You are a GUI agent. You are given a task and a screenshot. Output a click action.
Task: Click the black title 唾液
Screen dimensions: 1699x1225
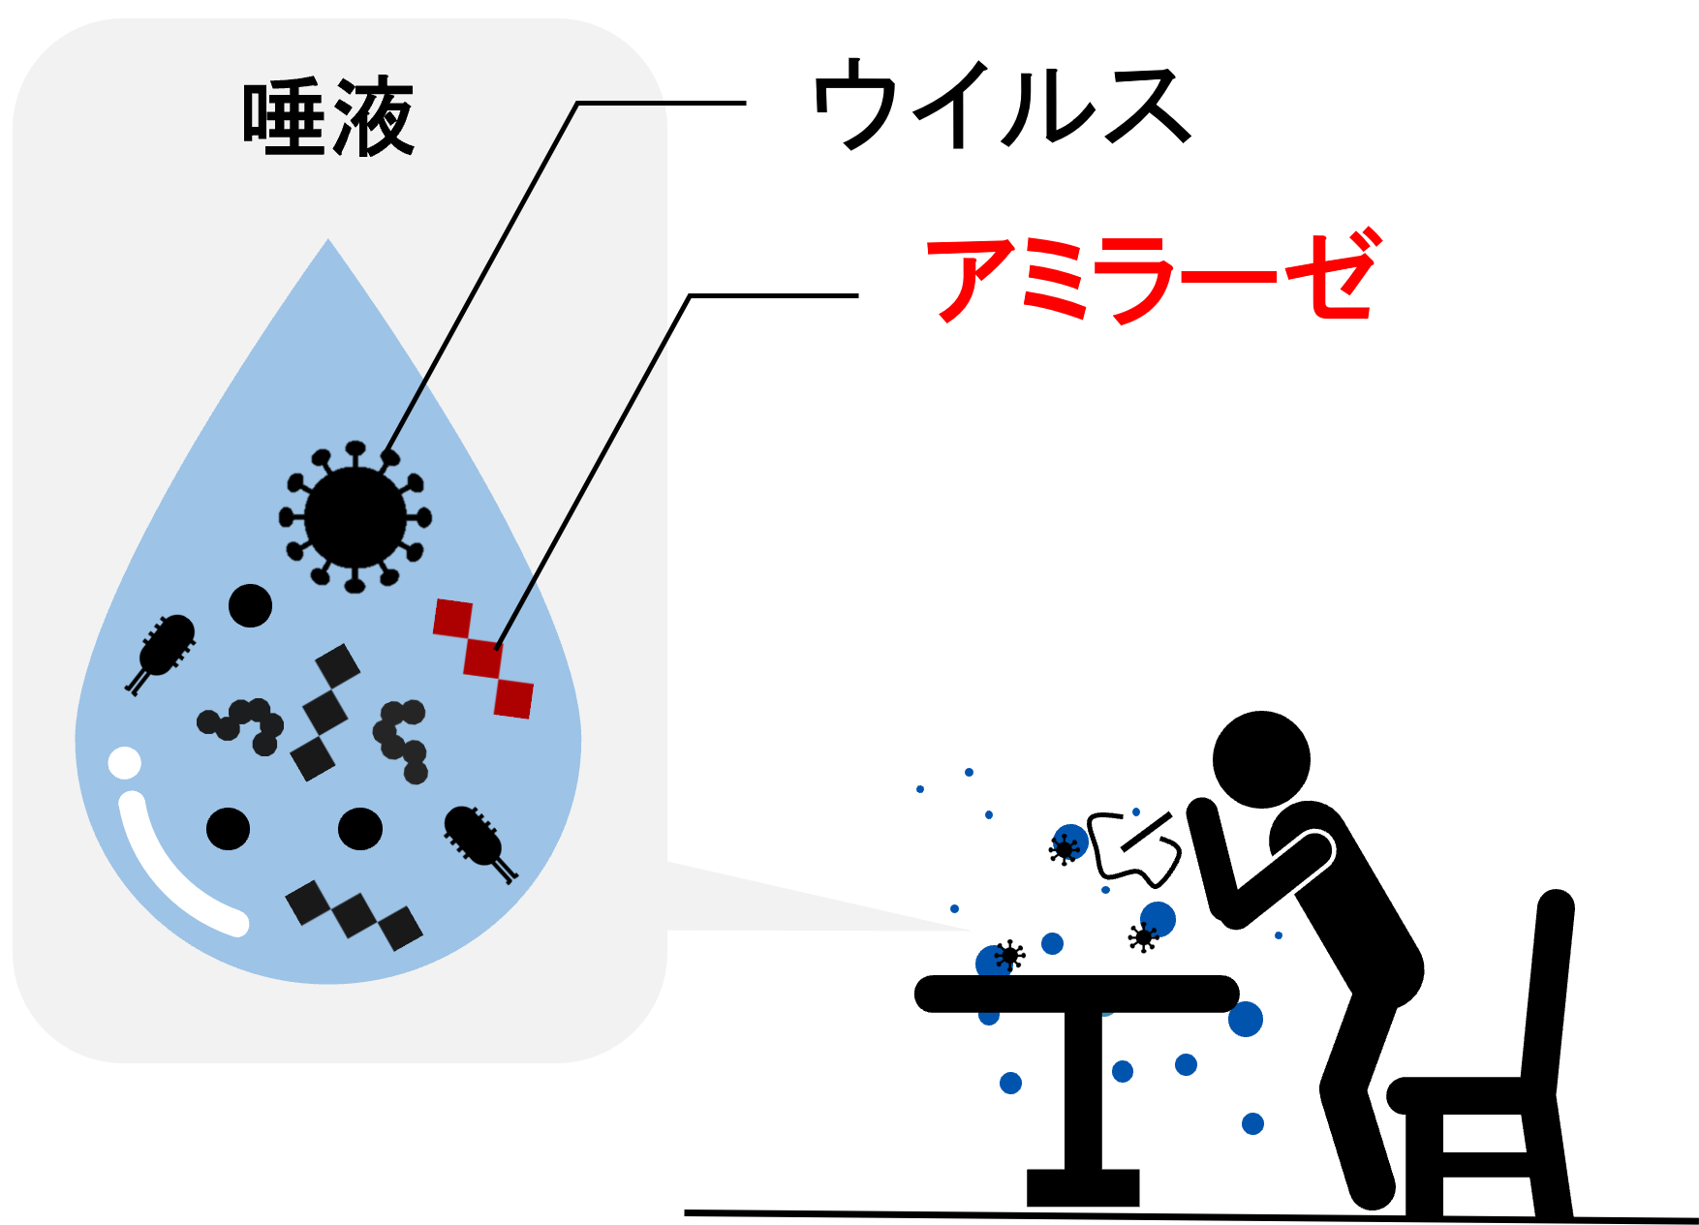328,118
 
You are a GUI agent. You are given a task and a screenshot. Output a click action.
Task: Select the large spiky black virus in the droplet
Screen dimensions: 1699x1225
355,518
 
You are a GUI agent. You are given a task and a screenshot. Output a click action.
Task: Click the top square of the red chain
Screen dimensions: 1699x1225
452,618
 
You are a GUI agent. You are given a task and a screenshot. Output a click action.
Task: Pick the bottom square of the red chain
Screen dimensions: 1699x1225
513,698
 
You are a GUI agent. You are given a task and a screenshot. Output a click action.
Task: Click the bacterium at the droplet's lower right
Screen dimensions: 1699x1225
477,839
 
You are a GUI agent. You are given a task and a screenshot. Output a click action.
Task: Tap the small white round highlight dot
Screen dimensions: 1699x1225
125,763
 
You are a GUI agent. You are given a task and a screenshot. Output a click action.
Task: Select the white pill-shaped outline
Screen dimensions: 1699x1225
1278,880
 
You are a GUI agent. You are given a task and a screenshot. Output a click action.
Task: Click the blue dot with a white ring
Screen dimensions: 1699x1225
993,961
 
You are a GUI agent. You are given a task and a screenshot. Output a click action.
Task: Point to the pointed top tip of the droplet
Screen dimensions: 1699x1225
328,243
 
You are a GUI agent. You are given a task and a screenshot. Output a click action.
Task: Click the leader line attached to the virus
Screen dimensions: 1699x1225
484,271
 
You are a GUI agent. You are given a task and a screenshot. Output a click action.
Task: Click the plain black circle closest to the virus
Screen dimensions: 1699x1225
250,606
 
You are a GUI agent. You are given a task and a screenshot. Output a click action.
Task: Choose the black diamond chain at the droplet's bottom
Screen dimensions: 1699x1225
355,914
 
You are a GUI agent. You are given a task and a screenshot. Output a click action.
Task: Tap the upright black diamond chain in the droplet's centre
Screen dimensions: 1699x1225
325,712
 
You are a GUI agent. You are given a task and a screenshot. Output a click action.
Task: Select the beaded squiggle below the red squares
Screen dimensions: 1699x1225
401,740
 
